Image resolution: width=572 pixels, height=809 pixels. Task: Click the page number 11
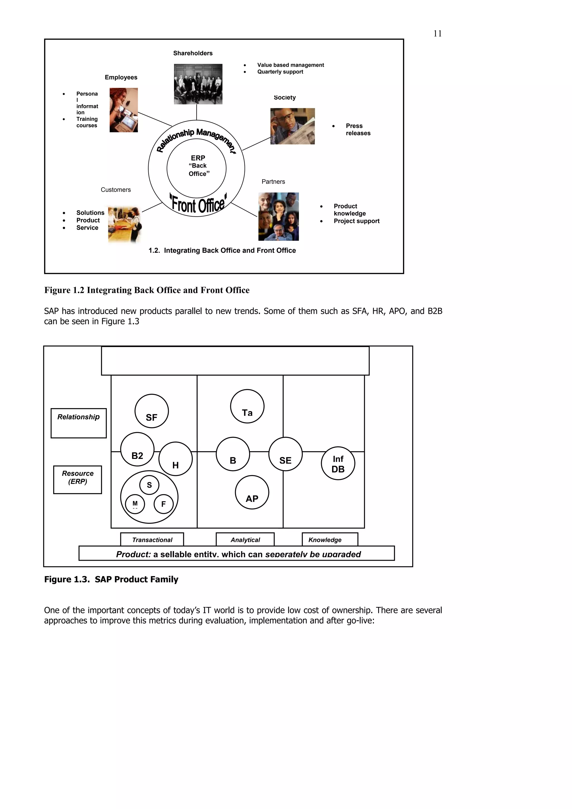pyautogui.click(x=437, y=33)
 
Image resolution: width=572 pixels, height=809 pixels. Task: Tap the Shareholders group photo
pyautogui.click(x=198, y=84)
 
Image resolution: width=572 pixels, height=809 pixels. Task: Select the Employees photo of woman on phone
pyautogui.click(x=123, y=110)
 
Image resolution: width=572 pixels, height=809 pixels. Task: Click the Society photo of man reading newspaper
pyautogui.click(x=292, y=126)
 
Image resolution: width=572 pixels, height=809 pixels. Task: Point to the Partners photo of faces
pyautogui.click(x=278, y=216)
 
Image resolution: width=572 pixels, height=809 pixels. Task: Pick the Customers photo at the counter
pyautogui.click(x=124, y=224)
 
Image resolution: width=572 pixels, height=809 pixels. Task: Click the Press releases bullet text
pyautogui.click(x=357, y=129)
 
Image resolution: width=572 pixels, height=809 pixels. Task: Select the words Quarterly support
pyautogui.click(x=280, y=72)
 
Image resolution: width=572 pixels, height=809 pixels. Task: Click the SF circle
pyautogui.click(x=152, y=411)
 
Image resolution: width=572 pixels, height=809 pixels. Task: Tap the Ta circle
pyautogui.click(x=247, y=406)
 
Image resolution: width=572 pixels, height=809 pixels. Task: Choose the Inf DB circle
pyautogui.click(x=338, y=463)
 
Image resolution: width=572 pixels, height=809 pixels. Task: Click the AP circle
pyautogui.click(x=252, y=492)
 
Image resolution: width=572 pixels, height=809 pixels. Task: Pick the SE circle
pyautogui.click(x=285, y=454)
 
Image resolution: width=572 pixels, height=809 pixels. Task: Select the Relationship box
pyautogui.click(x=78, y=423)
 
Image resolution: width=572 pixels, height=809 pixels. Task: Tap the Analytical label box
pyautogui.click(x=245, y=539)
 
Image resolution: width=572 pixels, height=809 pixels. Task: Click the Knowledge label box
pyautogui.click(x=330, y=539)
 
